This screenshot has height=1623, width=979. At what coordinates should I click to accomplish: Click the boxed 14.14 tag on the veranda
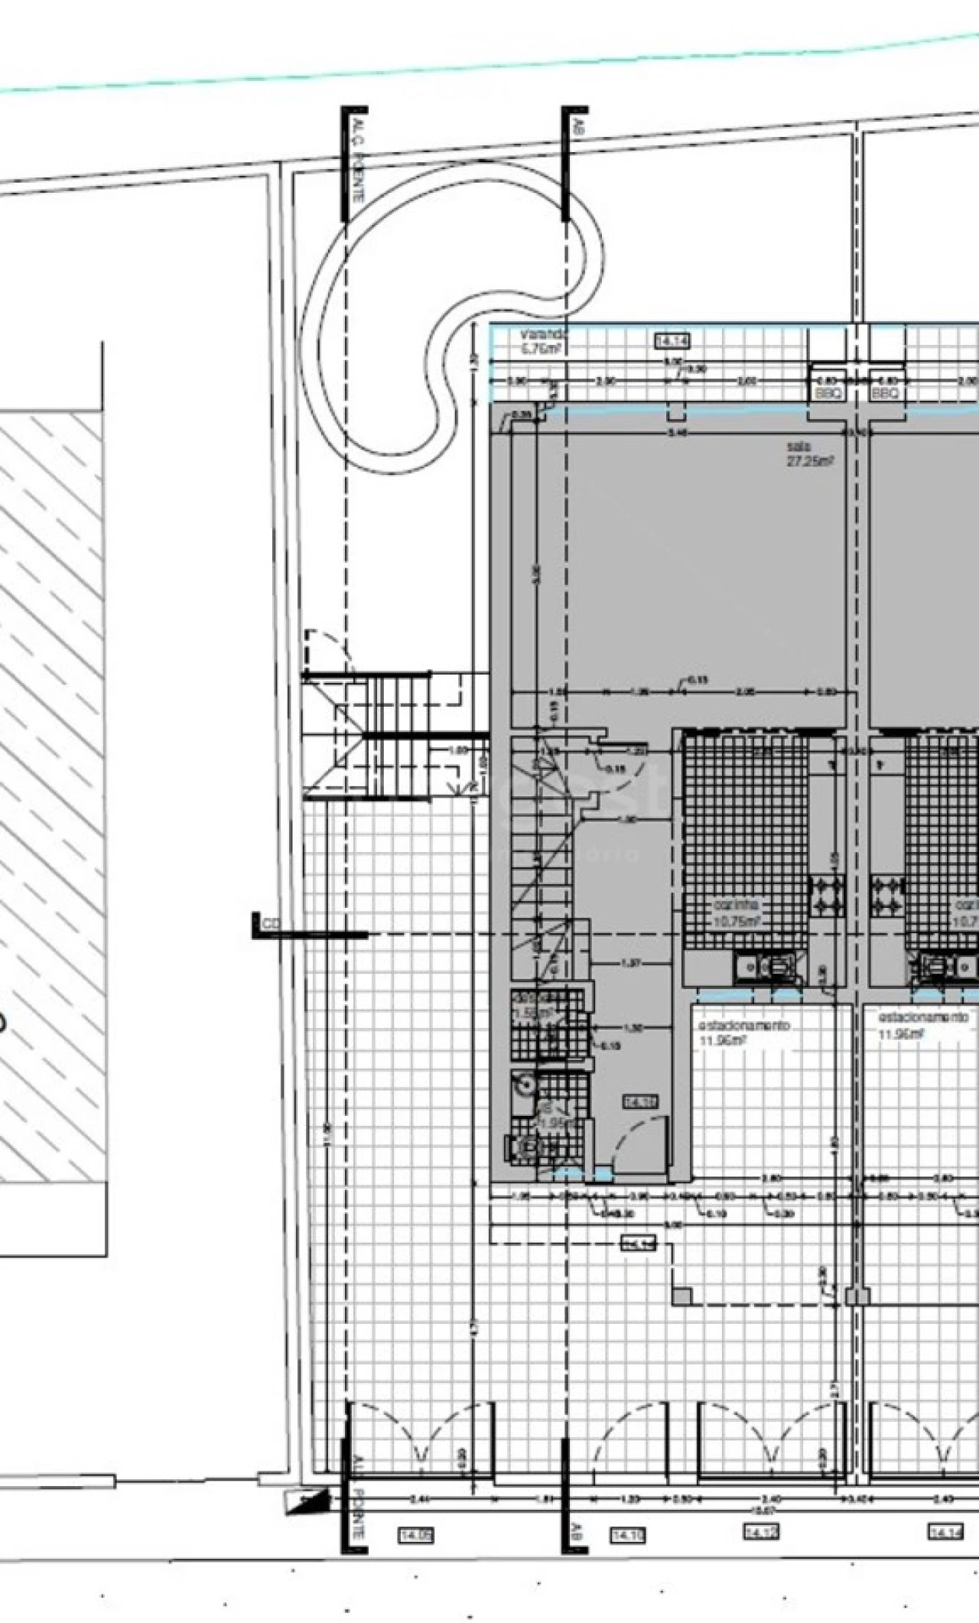tap(672, 341)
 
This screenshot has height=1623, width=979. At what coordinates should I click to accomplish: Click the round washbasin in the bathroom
tap(525, 1084)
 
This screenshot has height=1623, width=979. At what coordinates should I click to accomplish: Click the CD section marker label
tap(272, 925)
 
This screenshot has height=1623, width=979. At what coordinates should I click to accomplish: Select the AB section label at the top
tap(578, 125)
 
